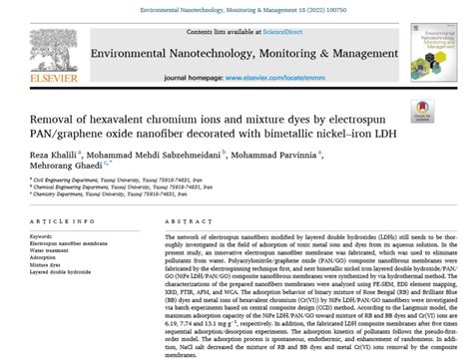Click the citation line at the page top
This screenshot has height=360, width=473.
(x=236, y=7)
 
